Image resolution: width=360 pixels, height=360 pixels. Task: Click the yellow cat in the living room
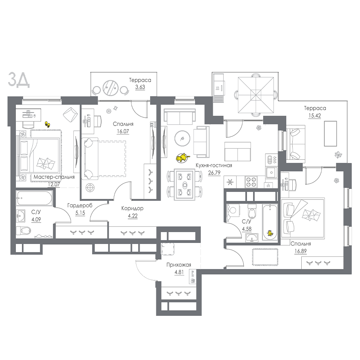[183, 158]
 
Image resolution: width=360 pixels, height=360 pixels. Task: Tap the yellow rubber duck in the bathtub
[270, 233]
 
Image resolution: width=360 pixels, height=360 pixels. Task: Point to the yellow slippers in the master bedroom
[47, 125]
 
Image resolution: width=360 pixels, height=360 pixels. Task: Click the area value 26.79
[214, 173]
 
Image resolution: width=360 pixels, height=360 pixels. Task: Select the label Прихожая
[179, 265]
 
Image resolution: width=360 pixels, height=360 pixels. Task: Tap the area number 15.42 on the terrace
[315, 116]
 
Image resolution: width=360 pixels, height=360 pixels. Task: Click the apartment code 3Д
[19, 80]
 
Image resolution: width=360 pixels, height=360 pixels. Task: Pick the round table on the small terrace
[111, 87]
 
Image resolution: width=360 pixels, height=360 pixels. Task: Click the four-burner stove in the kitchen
[251, 182]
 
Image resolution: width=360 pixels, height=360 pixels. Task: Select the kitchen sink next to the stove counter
[271, 172]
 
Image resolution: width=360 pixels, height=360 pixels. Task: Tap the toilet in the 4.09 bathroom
[24, 230]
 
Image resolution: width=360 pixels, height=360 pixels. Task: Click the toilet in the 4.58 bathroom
[252, 212]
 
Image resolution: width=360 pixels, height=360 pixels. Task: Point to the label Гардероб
[80, 205]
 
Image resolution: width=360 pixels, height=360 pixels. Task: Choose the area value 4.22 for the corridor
[133, 216]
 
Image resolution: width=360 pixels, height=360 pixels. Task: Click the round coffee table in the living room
[182, 139]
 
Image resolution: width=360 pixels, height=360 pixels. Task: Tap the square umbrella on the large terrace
[256, 95]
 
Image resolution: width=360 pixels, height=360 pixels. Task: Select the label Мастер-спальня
[54, 177]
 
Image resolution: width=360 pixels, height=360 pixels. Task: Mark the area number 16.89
[301, 251]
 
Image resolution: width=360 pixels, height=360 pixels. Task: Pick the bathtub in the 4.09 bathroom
[34, 198]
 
